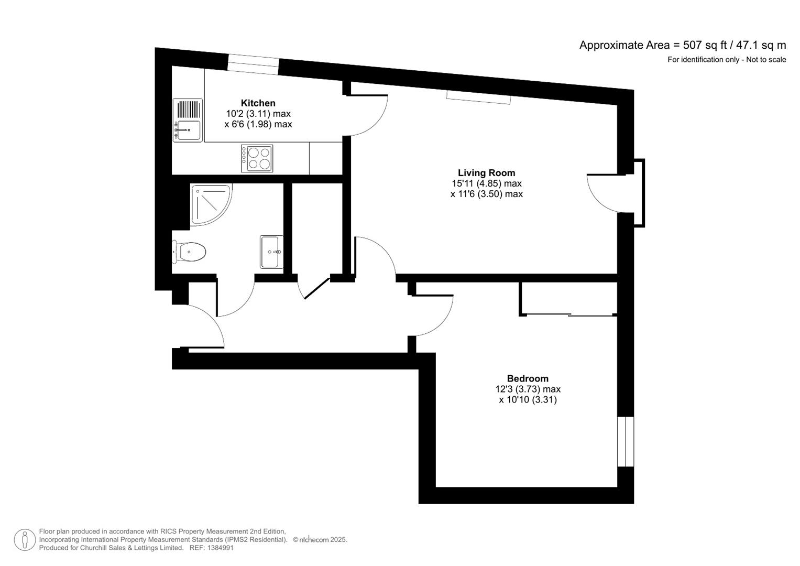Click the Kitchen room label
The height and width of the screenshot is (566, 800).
pos(258,103)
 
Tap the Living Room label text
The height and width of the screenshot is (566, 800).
pos(486,173)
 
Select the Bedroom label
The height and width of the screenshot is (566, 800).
pos(528,378)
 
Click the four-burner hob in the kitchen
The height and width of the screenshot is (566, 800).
pos(257,158)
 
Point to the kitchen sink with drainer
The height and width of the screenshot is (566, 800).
pos(188,120)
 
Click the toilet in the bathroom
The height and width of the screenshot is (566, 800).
pos(190,253)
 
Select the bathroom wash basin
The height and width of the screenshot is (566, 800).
pos(271,252)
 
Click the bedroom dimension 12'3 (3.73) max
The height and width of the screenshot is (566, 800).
pos(528,389)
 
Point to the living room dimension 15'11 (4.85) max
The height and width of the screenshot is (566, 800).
pos(486,183)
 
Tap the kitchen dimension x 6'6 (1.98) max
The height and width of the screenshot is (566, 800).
pos(258,124)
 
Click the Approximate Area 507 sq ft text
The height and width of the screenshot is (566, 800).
pos(682,45)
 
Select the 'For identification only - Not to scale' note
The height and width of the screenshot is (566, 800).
pos(726,60)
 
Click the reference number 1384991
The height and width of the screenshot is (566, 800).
pos(220,548)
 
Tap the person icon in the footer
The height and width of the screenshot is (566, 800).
pos(25,540)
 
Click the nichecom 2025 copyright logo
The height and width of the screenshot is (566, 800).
pos(320,540)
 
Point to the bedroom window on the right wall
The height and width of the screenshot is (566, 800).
pos(626,441)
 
